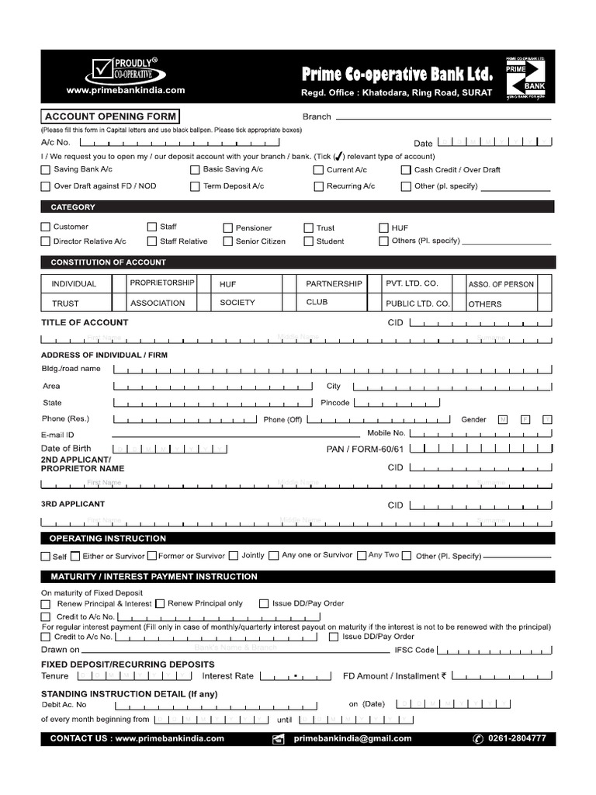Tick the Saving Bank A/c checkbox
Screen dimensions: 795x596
click(x=46, y=170)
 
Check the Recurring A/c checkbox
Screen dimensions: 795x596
click(x=318, y=186)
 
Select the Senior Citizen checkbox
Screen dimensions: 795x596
click(x=228, y=241)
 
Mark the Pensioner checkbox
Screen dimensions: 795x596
click(x=228, y=228)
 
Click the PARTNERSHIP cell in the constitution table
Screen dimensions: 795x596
click(x=334, y=284)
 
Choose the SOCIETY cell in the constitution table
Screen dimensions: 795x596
click(x=237, y=303)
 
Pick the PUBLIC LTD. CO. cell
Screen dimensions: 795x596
click(x=418, y=304)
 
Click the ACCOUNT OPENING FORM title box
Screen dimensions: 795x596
click(x=110, y=116)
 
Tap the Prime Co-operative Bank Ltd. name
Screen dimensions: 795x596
click(x=397, y=75)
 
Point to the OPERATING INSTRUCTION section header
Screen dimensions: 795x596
click(x=108, y=538)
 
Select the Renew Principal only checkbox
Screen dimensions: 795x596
click(x=160, y=603)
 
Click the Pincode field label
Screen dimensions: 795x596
click(x=335, y=403)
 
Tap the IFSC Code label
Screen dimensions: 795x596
click(x=414, y=650)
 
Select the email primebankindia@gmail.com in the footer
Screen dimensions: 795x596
click(x=353, y=738)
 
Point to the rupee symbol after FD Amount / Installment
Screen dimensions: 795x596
click(x=444, y=675)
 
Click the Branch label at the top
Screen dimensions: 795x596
click(x=317, y=116)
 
